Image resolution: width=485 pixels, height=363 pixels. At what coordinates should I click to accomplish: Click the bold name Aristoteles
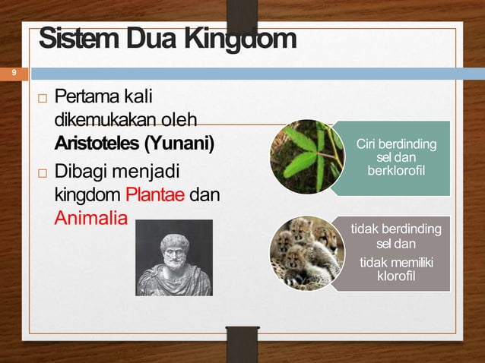click(97, 143)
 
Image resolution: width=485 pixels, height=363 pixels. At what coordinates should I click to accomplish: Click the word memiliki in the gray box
click(413, 262)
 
